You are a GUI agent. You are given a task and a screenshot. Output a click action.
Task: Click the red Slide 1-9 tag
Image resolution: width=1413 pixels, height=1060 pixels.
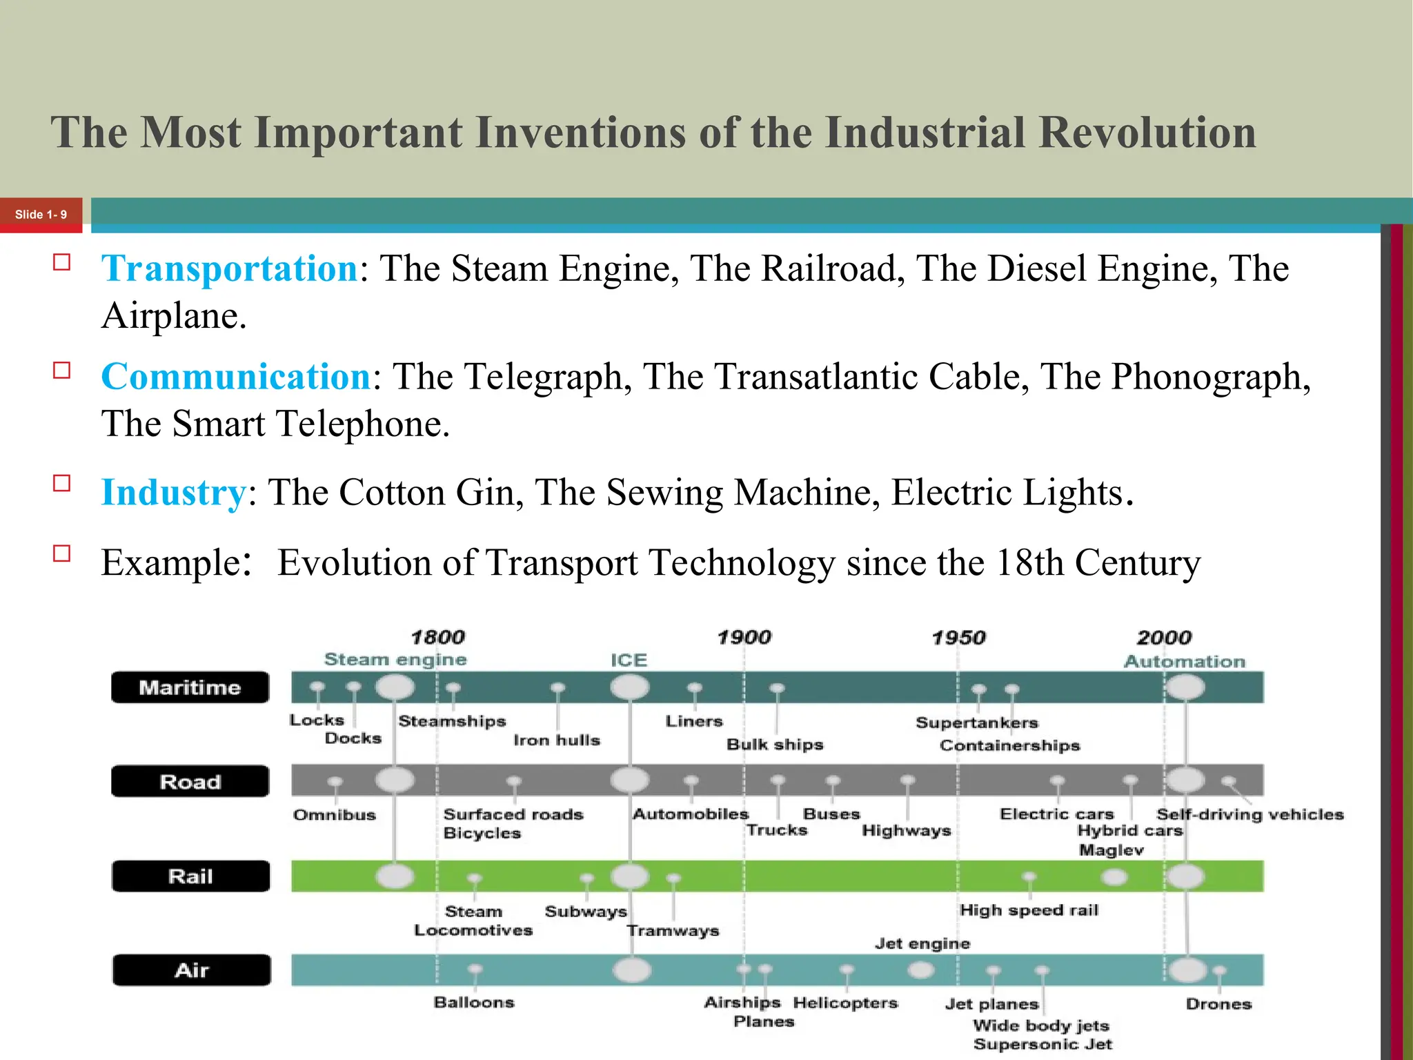[x=41, y=215]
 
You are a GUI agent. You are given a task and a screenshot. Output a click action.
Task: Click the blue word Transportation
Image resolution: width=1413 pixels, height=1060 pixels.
[x=230, y=268]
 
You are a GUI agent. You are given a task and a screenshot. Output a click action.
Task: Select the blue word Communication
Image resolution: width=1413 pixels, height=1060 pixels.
[x=237, y=377]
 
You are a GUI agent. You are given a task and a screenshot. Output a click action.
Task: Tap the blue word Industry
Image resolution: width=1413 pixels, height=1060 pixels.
[x=174, y=493]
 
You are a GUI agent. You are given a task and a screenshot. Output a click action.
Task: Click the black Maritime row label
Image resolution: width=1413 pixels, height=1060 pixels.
[x=190, y=687]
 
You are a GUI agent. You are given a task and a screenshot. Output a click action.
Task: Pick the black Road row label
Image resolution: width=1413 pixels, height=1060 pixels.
[x=190, y=782]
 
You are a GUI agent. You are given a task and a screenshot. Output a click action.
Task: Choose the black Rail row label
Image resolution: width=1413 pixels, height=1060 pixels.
[x=190, y=876]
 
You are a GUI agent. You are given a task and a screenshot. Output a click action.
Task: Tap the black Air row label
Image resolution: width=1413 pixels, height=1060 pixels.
[x=191, y=970]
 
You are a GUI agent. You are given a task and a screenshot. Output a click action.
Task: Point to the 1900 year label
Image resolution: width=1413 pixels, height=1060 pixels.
[x=744, y=637]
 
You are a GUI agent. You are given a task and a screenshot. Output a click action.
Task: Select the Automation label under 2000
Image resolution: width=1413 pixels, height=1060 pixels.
[x=1185, y=661]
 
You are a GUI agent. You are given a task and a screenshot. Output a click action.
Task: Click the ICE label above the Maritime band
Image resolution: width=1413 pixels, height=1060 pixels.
[x=629, y=660]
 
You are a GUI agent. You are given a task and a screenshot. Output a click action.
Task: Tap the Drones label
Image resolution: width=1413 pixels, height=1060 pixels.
[x=1218, y=1004]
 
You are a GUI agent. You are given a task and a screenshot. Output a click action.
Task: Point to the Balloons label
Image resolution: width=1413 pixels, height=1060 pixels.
[x=474, y=1002]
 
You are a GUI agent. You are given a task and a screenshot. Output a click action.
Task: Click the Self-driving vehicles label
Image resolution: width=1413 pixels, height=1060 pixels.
[x=1250, y=814]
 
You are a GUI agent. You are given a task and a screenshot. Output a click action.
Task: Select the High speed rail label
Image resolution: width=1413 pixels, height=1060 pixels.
[x=1029, y=910]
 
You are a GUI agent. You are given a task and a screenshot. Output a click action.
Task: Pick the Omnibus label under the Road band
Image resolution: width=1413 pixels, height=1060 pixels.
[x=335, y=815]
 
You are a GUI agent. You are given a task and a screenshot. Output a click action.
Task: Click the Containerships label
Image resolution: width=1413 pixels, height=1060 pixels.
[x=1009, y=745]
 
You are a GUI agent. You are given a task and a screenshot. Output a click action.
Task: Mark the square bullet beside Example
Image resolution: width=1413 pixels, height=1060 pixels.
[x=62, y=553]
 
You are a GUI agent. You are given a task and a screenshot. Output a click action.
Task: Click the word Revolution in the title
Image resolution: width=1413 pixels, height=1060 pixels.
[x=1147, y=132]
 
